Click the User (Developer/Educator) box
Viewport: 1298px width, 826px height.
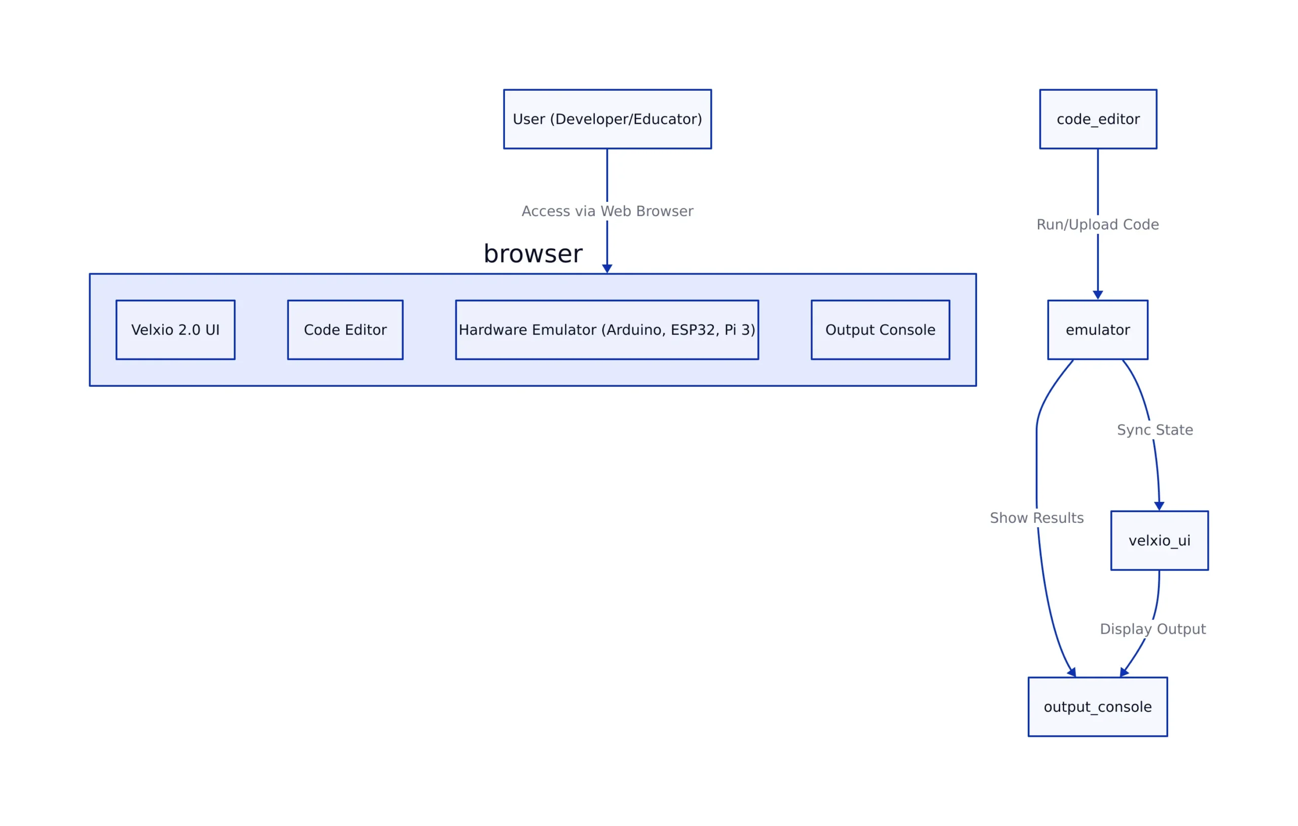pos(607,119)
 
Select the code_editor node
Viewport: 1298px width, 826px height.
pos(1098,119)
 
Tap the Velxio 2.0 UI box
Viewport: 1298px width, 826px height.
pos(175,330)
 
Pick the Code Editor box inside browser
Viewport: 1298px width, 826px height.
pos(345,330)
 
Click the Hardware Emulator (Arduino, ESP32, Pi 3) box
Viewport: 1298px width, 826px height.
pos(606,330)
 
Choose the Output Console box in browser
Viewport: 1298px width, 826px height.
pos(880,330)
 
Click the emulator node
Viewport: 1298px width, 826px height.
pos(1098,330)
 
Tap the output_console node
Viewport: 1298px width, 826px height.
pos(1098,706)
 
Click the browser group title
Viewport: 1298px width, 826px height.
pos(532,254)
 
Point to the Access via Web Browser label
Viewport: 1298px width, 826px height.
pos(607,211)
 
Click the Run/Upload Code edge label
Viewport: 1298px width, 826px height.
pos(1098,224)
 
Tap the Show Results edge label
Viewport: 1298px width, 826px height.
pos(1036,518)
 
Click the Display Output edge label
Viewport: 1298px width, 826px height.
pos(1152,629)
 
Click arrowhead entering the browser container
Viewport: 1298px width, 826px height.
pos(607,269)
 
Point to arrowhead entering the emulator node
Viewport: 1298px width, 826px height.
pos(1098,295)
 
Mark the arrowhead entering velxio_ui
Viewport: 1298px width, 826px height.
pos(1159,506)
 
